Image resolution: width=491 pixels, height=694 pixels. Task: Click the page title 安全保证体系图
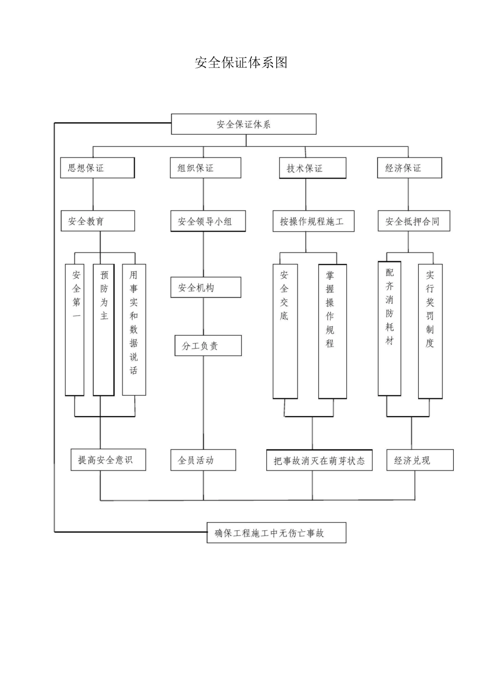pyautogui.click(x=241, y=62)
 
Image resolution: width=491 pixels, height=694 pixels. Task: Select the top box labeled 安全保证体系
pyautogui.click(x=243, y=124)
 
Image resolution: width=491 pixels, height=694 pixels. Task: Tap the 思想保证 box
pyautogui.click(x=97, y=168)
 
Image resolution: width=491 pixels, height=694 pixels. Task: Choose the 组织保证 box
pyautogui.click(x=205, y=168)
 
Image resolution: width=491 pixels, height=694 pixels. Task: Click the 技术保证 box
pyautogui.click(x=312, y=168)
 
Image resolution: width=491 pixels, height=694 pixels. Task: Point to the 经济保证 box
pyautogui.click(x=409, y=168)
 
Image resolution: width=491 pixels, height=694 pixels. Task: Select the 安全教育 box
pyautogui.click(x=98, y=221)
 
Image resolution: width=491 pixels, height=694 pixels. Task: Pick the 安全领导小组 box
pyautogui.click(x=208, y=222)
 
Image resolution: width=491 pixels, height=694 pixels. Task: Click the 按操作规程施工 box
pyautogui.click(x=313, y=222)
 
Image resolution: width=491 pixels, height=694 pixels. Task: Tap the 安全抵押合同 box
pyautogui.click(x=413, y=222)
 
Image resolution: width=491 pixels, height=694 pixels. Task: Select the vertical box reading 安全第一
pyautogui.click(x=75, y=329)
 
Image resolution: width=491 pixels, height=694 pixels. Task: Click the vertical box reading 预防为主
pyautogui.click(x=103, y=329)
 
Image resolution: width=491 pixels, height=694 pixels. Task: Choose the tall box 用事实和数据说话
pyautogui.click(x=134, y=329)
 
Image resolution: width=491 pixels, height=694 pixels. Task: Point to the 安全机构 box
pyautogui.click(x=206, y=288)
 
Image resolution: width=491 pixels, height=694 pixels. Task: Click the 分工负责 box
pyautogui.click(x=208, y=346)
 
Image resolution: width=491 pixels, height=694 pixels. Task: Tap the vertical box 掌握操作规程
pyautogui.click(x=332, y=331)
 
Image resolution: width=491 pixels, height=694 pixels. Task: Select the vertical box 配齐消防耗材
pyautogui.click(x=389, y=329)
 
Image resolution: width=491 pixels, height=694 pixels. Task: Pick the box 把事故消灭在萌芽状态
pyautogui.click(x=319, y=461)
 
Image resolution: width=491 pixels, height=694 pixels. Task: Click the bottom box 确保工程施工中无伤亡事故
pyautogui.click(x=276, y=533)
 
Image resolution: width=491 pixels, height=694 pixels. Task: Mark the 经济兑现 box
pyautogui.click(x=420, y=460)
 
